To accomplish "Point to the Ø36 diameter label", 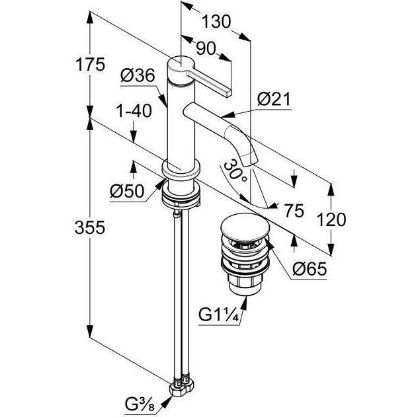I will point(138,77).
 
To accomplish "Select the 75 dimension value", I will point(292,211).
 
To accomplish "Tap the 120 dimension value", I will point(330,219).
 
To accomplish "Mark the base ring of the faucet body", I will point(180,177).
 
